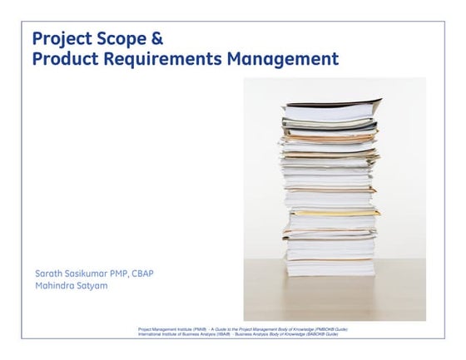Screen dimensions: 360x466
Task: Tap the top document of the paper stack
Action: [333, 106]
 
